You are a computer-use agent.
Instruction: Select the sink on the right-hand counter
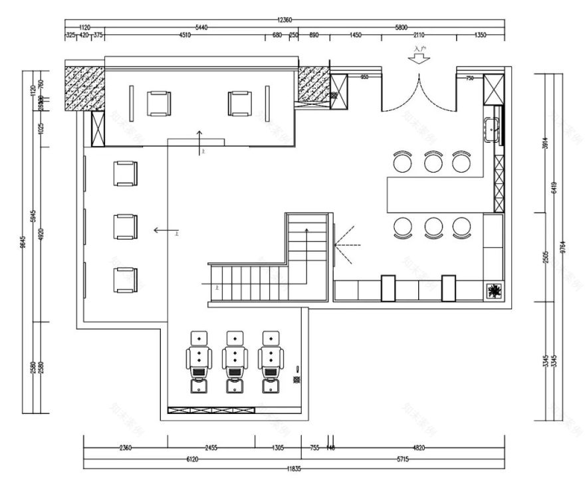pos(492,130)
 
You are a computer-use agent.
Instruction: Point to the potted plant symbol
pos(495,290)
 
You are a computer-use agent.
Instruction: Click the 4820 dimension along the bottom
pos(419,448)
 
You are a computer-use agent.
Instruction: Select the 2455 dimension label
pos(211,448)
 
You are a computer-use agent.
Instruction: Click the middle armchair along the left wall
pos(125,227)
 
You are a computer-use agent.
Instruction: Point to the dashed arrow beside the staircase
pos(347,246)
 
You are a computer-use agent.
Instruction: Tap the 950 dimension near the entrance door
pos(364,78)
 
